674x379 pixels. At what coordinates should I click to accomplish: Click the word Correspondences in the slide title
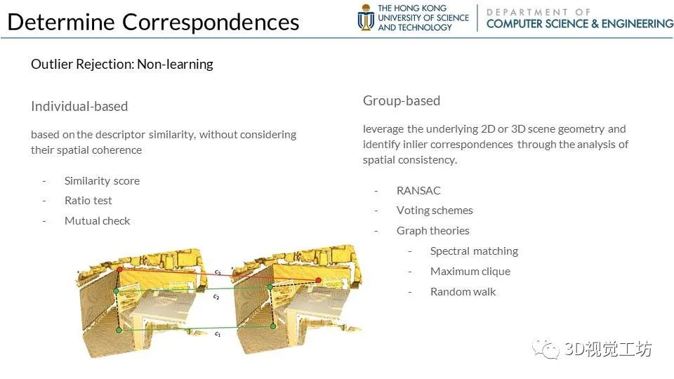point(211,22)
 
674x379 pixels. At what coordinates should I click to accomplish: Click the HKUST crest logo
point(366,18)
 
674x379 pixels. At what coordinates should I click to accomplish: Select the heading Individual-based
point(79,106)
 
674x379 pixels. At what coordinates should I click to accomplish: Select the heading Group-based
point(402,100)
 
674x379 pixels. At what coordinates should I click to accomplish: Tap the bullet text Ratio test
point(88,201)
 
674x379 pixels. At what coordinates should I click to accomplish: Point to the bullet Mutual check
point(97,221)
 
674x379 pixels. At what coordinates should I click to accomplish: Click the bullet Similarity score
point(102,181)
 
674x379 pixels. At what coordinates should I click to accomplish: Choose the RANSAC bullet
point(418,190)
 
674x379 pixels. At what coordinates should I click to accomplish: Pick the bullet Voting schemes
point(435,211)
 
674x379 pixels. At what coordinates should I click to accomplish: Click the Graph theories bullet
point(433,231)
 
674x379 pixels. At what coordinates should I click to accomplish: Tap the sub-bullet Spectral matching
point(474,251)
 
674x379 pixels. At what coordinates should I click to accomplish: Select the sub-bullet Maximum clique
point(470,272)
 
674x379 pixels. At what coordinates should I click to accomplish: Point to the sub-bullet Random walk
point(463,292)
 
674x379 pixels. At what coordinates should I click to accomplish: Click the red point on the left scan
point(120,270)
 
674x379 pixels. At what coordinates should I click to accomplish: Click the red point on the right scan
point(319,280)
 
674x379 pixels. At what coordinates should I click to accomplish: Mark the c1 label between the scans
point(218,334)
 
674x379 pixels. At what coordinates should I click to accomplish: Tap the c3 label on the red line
point(218,272)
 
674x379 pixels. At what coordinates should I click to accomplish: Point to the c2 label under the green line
point(216,297)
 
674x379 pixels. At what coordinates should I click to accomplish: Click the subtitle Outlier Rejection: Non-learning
point(122,65)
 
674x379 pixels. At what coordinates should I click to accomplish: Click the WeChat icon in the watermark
point(546,349)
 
